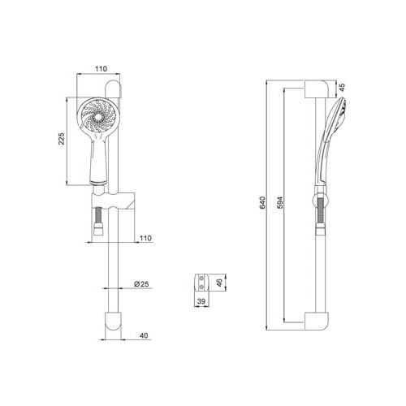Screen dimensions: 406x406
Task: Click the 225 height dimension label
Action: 62,139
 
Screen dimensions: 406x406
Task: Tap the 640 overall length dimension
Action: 262,202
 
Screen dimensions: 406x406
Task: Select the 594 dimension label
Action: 280,202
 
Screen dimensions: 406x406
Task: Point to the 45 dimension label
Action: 342,87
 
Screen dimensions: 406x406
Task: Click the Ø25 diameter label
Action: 141,284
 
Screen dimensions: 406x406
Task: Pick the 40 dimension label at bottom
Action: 144,335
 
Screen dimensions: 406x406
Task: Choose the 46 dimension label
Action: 220,283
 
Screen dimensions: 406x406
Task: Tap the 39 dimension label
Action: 201,301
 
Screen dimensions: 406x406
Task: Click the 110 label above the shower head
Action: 101,69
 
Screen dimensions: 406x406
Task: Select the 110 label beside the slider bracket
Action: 145,238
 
